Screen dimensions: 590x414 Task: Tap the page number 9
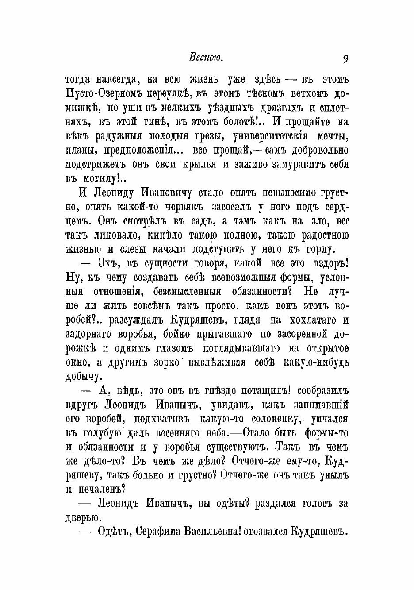pos(345,58)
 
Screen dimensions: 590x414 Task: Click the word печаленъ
pos(101,489)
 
